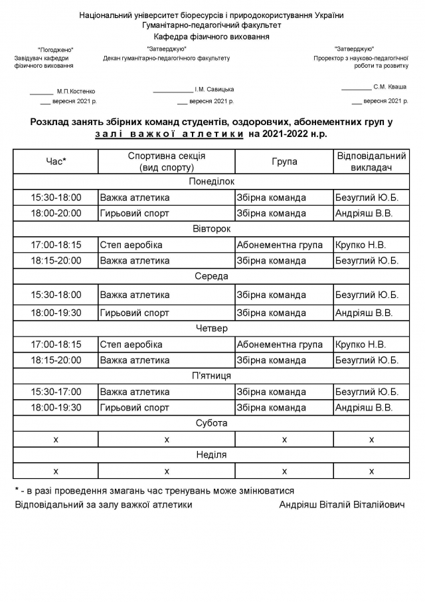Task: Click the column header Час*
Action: (56, 162)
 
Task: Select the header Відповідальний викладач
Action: (371, 162)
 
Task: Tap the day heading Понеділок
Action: (211, 181)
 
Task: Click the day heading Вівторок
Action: (211, 229)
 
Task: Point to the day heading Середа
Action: (211, 276)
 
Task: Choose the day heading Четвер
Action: (211, 328)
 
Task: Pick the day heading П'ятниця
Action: (211, 376)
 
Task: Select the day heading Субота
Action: (211, 423)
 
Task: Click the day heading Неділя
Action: (211, 455)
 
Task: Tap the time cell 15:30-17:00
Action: (56, 392)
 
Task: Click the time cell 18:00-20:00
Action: (56, 214)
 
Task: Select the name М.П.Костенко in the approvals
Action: (76, 91)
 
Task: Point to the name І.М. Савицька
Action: (214, 89)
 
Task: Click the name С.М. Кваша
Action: (390, 86)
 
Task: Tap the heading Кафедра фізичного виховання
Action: (211, 37)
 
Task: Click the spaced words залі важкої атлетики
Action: (169, 134)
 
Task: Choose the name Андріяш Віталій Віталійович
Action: (342, 505)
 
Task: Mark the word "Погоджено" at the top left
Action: (56, 50)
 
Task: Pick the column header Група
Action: (284, 162)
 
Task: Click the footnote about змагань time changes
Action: (154, 490)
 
